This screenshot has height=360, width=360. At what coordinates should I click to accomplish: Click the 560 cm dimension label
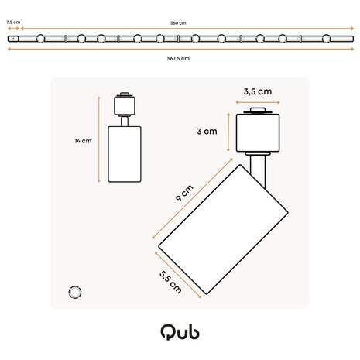[x=178, y=23]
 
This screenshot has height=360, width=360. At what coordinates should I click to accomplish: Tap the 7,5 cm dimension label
[x=13, y=23]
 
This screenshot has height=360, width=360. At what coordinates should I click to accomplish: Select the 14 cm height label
[x=83, y=141]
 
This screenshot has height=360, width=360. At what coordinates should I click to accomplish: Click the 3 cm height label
[x=206, y=132]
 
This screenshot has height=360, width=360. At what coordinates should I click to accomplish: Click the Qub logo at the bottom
[x=180, y=333]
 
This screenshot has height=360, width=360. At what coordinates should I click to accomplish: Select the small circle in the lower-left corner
[x=75, y=291]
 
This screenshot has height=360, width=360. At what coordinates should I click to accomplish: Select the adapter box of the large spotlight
[x=255, y=132]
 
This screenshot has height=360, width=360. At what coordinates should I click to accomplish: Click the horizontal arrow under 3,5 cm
[x=255, y=101]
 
